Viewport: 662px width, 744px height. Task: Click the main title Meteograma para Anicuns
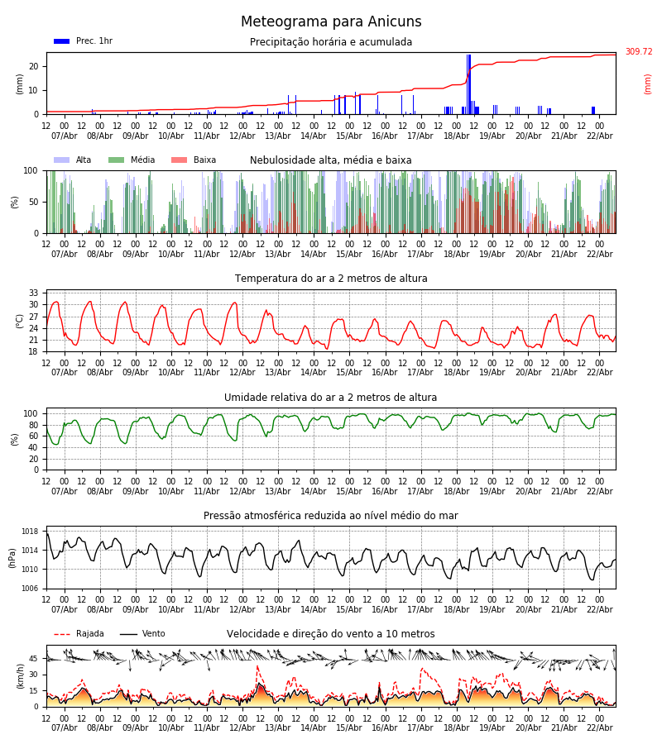coord(331,22)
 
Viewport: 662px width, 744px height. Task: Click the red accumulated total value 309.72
coord(638,52)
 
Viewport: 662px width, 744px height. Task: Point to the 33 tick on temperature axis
coord(34,293)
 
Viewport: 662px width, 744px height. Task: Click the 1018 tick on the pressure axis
coord(31,532)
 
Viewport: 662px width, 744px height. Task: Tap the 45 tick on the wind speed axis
coord(34,659)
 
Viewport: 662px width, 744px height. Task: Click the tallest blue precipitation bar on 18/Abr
coord(468,83)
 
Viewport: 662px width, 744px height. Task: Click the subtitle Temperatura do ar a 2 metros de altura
coord(331,279)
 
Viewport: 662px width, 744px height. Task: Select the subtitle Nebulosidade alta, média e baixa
coord(331,160)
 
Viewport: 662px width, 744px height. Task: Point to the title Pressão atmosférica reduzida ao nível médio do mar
coord(331,516)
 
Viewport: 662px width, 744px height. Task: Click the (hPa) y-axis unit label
coord(13,557)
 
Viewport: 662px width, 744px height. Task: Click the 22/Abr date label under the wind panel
coord(599,727)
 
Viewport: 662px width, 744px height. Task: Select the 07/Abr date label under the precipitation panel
coord(65,136)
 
